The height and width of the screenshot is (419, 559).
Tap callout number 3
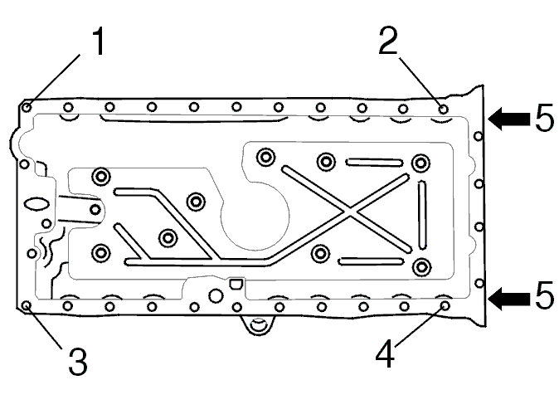78,362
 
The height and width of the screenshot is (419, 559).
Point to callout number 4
385,353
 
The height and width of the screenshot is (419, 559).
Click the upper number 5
545,118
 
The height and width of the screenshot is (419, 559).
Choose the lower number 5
545,295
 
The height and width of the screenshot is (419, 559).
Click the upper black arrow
509,119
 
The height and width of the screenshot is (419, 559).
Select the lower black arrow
509,298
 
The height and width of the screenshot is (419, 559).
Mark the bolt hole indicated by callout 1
27,107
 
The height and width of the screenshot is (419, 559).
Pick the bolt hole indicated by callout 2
443,110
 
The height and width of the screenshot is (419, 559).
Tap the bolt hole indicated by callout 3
27,305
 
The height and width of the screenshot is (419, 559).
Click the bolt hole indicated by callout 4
445,305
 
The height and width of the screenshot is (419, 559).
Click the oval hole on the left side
36,204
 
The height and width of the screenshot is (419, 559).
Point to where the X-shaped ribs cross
350,211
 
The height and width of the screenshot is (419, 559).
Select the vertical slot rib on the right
422,215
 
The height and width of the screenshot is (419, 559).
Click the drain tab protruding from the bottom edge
259,324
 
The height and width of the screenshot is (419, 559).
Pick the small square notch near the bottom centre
236,284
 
